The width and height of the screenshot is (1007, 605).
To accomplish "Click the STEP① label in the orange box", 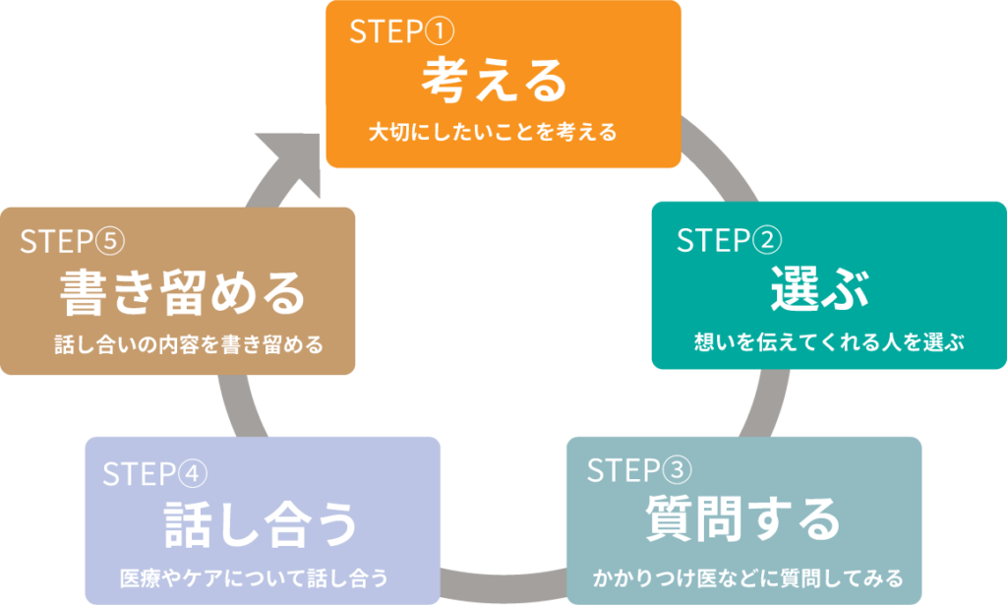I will [x=402, y=32].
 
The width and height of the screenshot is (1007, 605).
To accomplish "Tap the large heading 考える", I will [x=495, y=82].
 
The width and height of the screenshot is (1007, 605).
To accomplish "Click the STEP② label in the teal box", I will [x=729, y=240].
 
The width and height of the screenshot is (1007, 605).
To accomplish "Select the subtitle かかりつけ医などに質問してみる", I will [x=747, y=575].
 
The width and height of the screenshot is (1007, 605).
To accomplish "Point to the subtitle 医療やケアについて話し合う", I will [x=253, y=576].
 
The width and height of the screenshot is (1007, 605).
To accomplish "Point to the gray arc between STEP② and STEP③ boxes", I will [x=762, y=403].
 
